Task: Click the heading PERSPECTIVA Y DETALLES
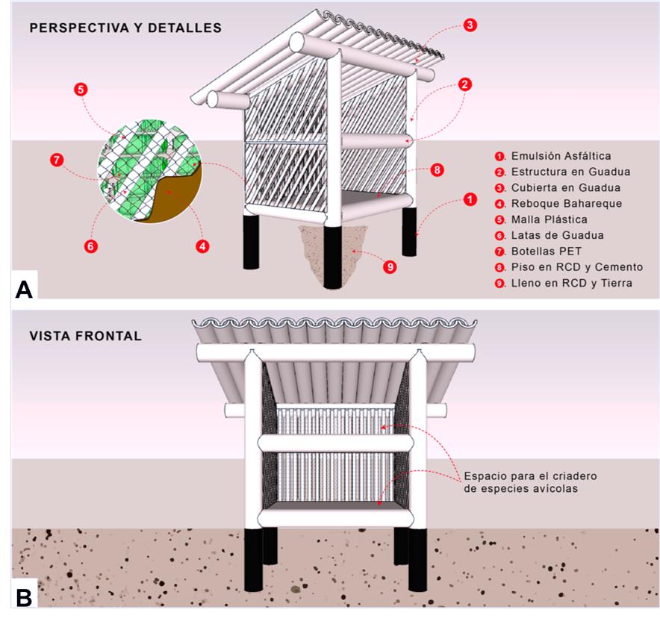[x=125, y=28]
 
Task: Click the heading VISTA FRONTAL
[x=86, y=336]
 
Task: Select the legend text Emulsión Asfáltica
[x=561, y=156]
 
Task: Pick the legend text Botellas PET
[x=546, y=251]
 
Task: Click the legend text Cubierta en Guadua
[x=565, y=187]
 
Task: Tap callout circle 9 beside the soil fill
[x=389, y=265]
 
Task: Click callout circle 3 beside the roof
[x=469, y=25]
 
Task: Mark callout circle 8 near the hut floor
[x=438, y=170]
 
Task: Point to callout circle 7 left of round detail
[x=56, y=160]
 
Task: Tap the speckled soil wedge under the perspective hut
[x=329, y=250]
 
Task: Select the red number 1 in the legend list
[x=499, y=157]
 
